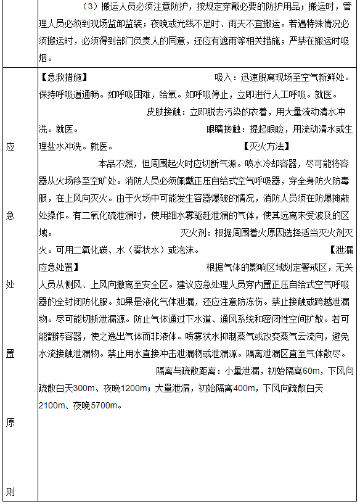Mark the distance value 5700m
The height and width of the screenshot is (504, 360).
coord(105,406)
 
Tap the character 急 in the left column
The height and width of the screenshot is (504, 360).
coord(10,215)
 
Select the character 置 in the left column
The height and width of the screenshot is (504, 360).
coord(10,354)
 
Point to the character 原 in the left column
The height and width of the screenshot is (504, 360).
coord(10,423)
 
